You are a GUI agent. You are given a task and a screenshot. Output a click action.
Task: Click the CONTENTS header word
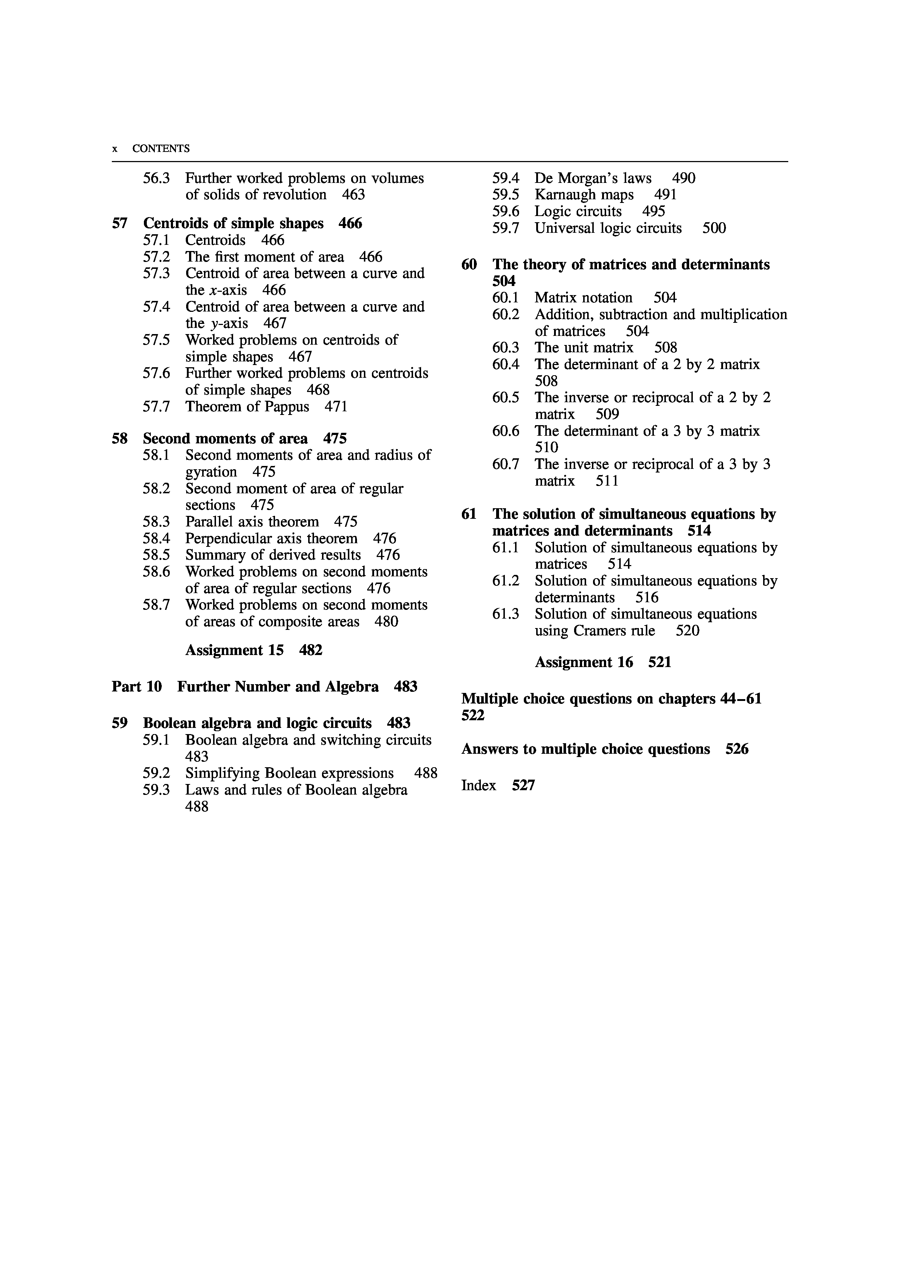tap(161, 149)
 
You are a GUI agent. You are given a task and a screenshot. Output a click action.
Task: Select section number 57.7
tap(156, 407)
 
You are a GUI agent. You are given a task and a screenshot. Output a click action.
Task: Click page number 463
tap(353, 195)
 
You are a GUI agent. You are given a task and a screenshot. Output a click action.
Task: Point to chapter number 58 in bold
tap(119, 439)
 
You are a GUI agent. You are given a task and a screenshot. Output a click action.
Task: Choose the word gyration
tap(211, 472)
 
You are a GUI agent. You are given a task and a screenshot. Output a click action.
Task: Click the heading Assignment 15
tap(234, 650)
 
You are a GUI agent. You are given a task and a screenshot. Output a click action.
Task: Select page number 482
tap(310, 650)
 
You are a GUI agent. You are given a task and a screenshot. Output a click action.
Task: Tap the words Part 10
tap(137, 687)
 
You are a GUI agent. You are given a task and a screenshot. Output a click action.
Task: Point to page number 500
tap(714, 228)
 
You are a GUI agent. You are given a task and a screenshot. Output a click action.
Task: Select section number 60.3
tap(506, 348)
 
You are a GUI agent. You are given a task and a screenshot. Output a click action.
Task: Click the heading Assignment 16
tap(584, 662)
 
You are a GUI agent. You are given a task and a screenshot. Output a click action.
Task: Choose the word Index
tap(479, 785)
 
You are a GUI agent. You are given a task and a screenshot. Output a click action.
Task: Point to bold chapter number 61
tap(469, 514)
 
